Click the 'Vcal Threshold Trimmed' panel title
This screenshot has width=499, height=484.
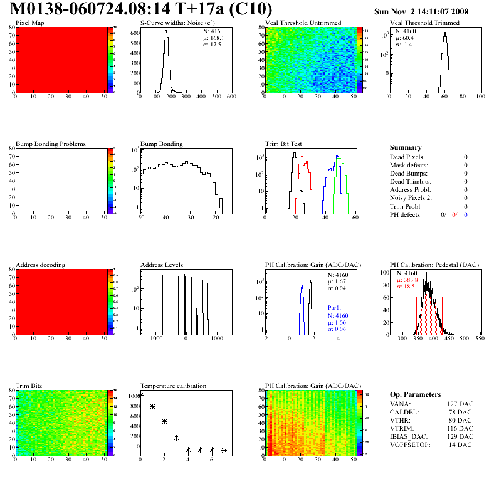(x=424, y=23)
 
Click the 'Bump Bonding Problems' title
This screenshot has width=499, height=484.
(x=51, y=144)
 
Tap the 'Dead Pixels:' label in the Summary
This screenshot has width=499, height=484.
(x=407, y=157)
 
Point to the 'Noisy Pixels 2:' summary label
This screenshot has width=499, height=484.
(x=411, y=198)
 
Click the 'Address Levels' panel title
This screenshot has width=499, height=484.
(x=162, y=265)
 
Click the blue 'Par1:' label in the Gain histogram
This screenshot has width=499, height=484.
(x=335, y=308)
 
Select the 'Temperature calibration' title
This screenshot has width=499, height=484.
(x=173, y=386)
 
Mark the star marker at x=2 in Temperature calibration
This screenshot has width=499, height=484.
(x=164, y=421)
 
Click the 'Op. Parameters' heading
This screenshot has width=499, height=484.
(x=415, y=394)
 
